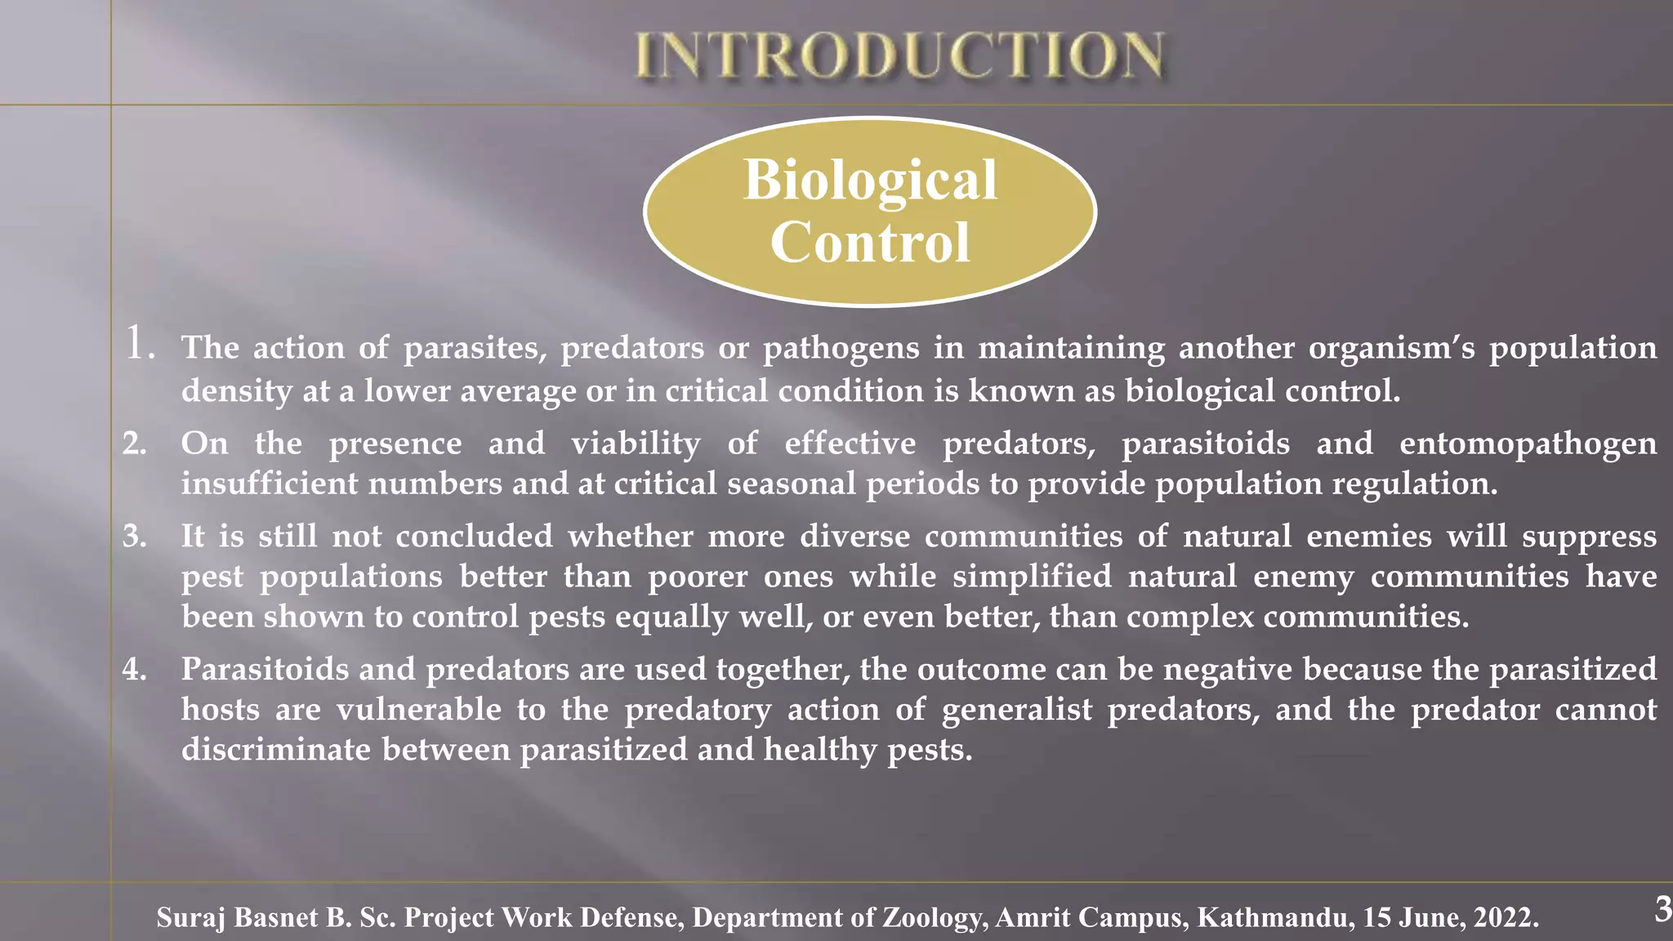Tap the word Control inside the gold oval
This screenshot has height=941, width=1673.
coord(870,243)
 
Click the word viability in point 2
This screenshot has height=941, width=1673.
coord(636,444)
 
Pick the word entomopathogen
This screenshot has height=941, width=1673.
coord(1528,444)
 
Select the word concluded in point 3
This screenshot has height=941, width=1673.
coord(475,537)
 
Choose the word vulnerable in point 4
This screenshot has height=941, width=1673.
coord(419,709)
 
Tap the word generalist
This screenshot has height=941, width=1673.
coord(1016,709)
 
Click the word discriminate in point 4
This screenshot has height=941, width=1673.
coord(276,749)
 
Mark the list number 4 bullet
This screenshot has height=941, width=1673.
coord(134,670)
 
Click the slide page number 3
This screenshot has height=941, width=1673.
coord(1662,909)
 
